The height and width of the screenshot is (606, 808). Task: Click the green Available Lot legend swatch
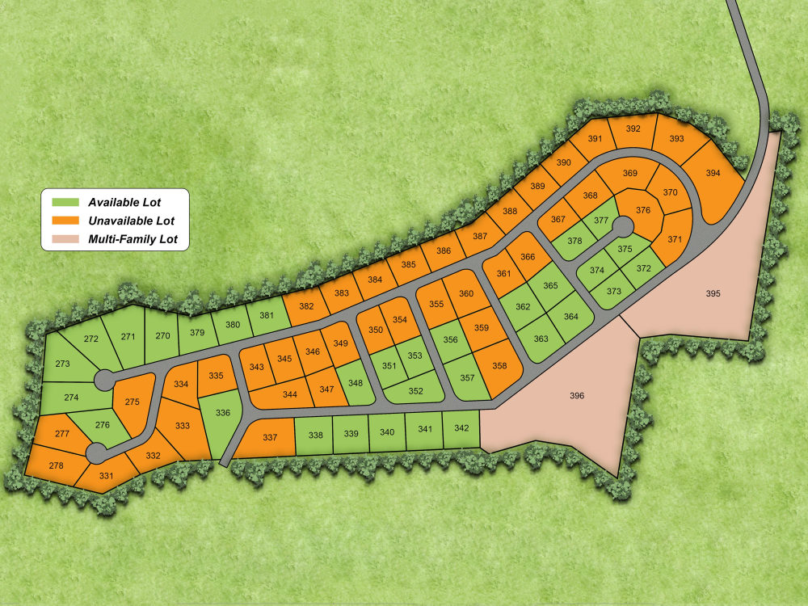65,201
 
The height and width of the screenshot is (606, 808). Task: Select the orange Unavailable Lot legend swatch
65,221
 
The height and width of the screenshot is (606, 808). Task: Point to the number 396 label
576,396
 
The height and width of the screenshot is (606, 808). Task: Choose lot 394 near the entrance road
713,174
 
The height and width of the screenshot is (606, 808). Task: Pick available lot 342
461,428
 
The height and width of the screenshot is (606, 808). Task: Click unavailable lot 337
270,438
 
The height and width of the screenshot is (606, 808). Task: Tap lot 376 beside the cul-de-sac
643,210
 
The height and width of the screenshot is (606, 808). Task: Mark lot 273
63,364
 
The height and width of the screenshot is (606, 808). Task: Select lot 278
56,466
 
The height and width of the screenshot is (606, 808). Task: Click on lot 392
633,129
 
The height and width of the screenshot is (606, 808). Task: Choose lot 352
415,392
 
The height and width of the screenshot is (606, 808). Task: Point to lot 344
290,394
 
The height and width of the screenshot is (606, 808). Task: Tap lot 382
306,306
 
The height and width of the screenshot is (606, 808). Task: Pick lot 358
499,366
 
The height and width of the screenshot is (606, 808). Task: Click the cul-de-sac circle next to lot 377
622,225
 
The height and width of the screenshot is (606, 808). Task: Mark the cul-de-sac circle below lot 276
96,452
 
